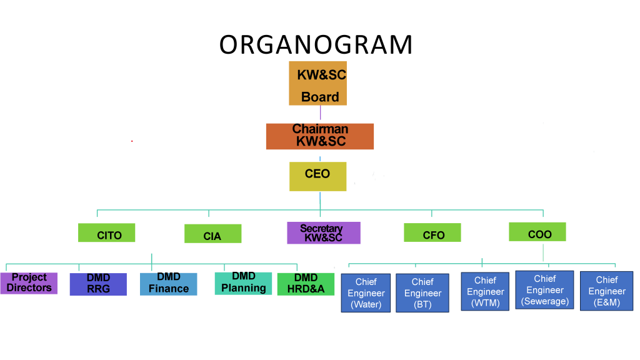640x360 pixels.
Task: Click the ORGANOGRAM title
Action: pyautogui.click(x=316, y=44)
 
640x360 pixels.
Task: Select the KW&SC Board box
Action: pyautogui.click(x=318, y=83)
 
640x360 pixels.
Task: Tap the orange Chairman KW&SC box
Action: pyautogui.click(x=320, y=136)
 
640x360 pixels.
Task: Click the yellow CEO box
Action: pyautogui.click(x=318, y=176)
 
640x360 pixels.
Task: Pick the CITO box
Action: pyautogui.click(x=106, y=232)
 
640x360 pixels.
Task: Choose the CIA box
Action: pyautogui.click(x=212, y=234)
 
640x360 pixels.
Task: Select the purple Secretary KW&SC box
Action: pyautogui.click(x=324, y=233)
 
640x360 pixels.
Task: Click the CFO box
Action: pyautogui.click(x=432, y=232)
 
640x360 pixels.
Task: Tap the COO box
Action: pyautogui.click(x=537, y=232)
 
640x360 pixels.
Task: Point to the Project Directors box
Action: pyautogui.click(x=29, y=283)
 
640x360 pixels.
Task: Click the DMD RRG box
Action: pyautogui.click(x=98, y=284)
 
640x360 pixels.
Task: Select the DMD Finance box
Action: pyautogui.click(x=169, y=284)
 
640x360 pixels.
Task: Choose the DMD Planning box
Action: pyautogui.click(x=243, y=283)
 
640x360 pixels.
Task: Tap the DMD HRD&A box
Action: pyautogui.click(x=306, y=284)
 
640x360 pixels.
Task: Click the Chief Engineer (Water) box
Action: pyautogui.click(x=366, y=293)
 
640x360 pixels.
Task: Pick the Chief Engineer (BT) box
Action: pyautogui.click(x=422, y=293)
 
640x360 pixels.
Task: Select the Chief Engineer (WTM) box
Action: pyautogui.click(x=485, y=291)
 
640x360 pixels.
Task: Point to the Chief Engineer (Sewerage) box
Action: pyautogui.click(x=544, y=290)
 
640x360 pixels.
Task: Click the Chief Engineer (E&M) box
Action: pyautogui.click(x=606, y=291)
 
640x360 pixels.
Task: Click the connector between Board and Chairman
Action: pyautogui.click(x=321, y=112)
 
